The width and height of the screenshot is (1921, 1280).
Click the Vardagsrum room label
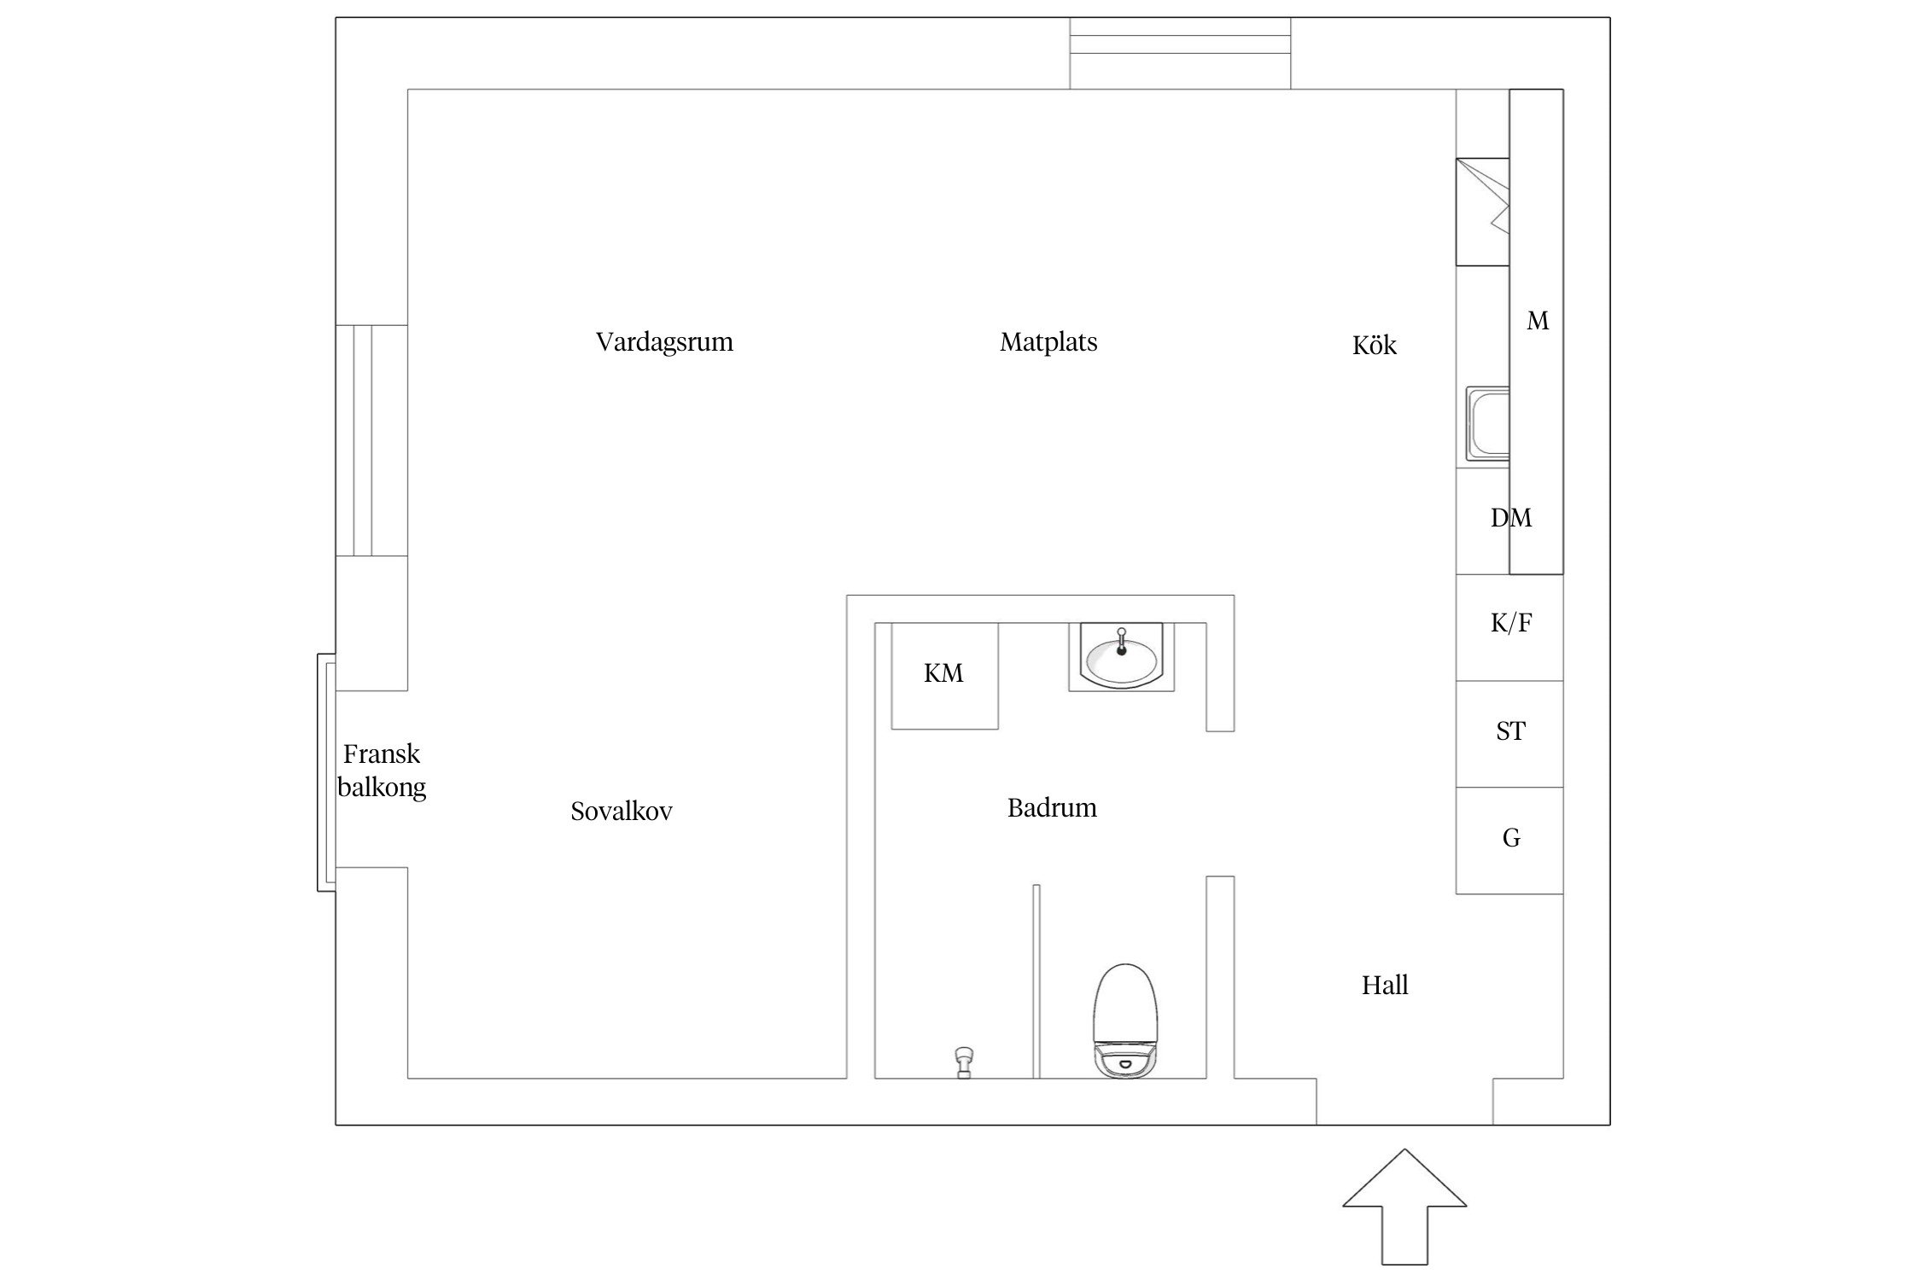[x=664, y=342]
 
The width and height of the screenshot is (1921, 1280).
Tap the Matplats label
[x=1048, y=342]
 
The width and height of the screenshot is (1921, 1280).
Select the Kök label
[x=1375, y=345]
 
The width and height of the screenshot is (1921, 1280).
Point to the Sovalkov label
[x=622, y=811]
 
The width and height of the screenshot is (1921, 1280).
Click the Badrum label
[x=1052, y=807]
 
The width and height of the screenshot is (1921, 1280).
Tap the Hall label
[x=1385, y=985]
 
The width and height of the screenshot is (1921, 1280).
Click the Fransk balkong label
[x=382, y=770]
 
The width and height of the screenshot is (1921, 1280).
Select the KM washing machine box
[x=944, y=675]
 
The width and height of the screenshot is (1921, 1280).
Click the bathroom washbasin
[x=1122, y=656]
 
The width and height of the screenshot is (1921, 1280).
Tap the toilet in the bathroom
[x=1125, y=1021]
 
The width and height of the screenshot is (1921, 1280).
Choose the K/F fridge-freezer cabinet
[x=1509, y=627]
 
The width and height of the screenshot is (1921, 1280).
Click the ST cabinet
[x=1509, y=734]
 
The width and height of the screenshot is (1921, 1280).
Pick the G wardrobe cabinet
[x=1509, y=841]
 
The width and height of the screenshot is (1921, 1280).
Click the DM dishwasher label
[x=1511, y=518]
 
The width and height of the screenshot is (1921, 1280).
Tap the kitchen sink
[x=1487, y=424]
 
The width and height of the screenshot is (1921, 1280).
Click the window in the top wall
[x=1180, y=53]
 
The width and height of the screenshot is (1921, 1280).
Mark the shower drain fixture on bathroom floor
[x=964, y=1062]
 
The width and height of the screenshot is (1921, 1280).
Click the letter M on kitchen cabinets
[x=1538, y=321]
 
